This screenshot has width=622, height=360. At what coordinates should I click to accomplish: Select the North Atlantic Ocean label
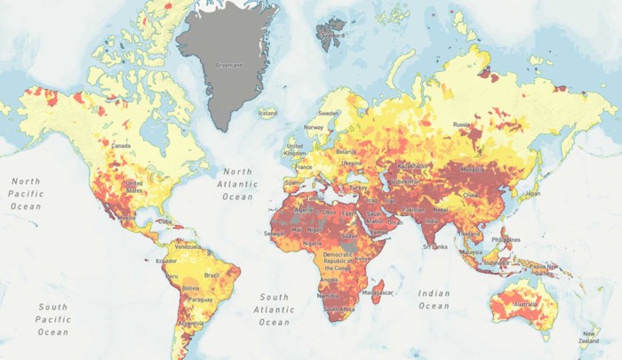pyautogui.click(x=237, y=185)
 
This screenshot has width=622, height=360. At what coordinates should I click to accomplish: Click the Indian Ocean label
pyautogui.click(x=435, y=300)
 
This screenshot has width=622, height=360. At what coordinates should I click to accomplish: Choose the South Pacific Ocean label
pyautogui.click(x=52, y=319)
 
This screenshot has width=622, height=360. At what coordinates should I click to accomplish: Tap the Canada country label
pyautogui.click(x=121, y=146)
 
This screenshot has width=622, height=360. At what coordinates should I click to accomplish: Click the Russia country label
pyautogui.click(x=461, y=125)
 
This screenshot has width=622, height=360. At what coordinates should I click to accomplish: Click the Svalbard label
pyautogui.click(x=331, y=36)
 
